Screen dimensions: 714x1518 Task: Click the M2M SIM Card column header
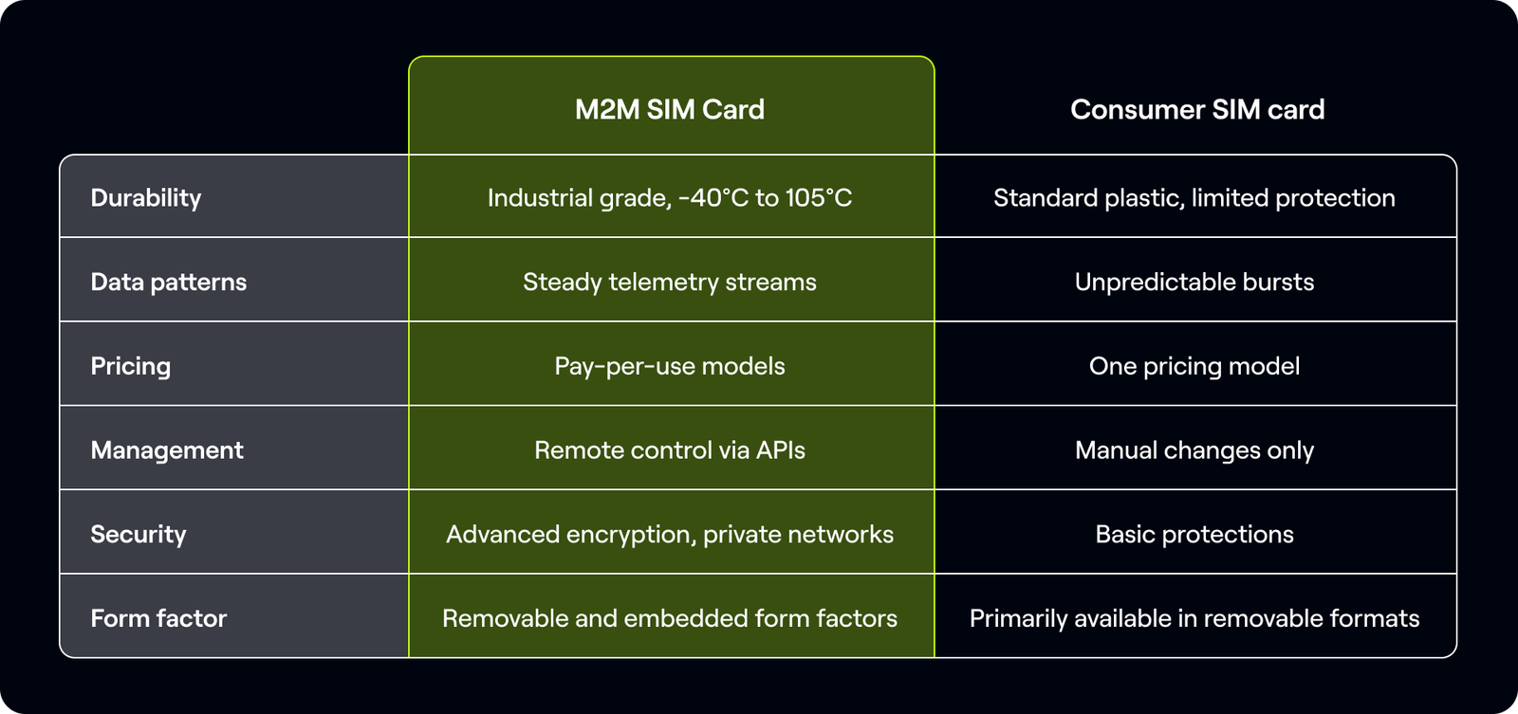tap(670, 109)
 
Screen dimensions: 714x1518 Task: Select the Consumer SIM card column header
tap(1197, 109)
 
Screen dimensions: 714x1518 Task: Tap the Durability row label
tap(146, 197)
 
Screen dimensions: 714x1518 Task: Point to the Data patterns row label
tap(169, 282)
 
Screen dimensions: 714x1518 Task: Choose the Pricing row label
tap(131, 366)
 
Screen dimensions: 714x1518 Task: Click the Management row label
tap(167, 449)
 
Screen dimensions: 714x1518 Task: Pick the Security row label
tap(139, 534)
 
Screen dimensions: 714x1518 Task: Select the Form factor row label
tap(158, 618)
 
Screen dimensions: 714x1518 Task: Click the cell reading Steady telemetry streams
tap(670, 282)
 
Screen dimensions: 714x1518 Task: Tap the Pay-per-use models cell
tap(670, 366)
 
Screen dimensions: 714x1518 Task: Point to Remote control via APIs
tap(670, 449)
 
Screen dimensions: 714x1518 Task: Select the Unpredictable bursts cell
tap(1194, 282)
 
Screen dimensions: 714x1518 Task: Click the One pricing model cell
tap(1194, 366)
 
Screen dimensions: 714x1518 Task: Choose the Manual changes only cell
tap(1194, 449)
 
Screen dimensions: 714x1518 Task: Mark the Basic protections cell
tap(1194, 534)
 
